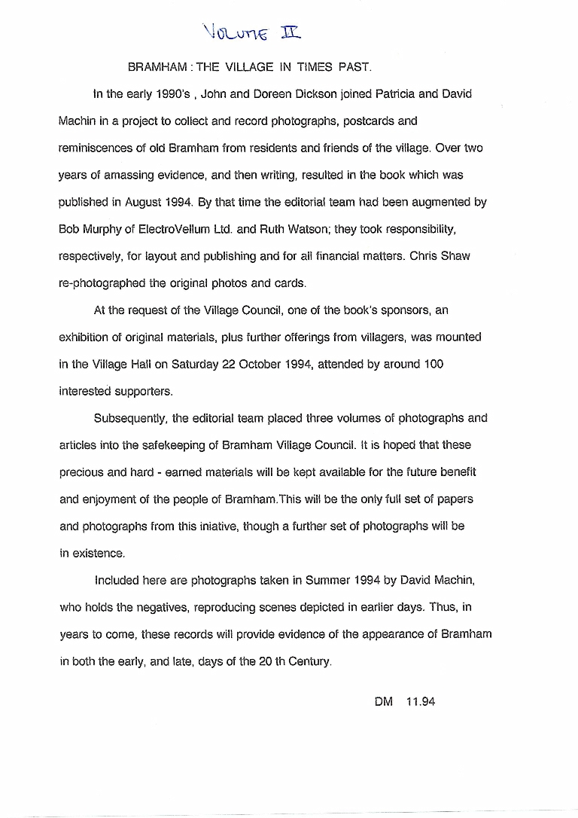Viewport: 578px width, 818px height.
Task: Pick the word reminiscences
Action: pyautogui.click(x=96, y=148)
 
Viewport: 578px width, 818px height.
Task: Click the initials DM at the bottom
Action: pyautogui.click(x=384, y=702)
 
